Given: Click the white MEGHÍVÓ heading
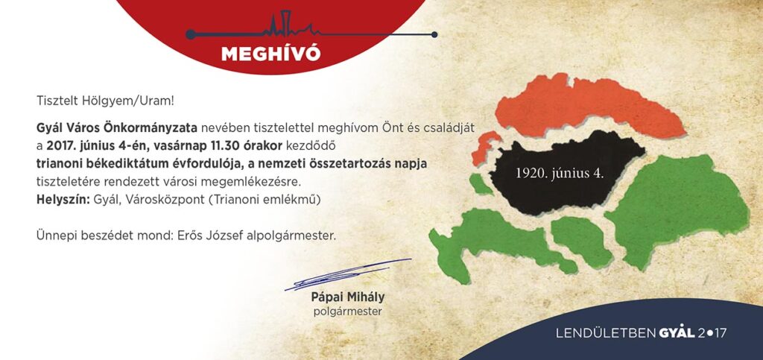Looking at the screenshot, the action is click(x=271, y=53).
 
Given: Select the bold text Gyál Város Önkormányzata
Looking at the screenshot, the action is click(x=117, y=128).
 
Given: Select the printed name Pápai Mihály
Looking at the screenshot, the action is click(x=348, y=297).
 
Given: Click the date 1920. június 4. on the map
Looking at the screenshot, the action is click(x=560, y=174).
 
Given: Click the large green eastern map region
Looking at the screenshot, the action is click(x=677, y=209).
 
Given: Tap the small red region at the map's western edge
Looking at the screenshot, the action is click(x=484, y=147).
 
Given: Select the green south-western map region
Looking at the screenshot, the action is click(x=496, y=241).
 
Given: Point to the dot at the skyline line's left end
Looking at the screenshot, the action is click(x=191, y=34).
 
